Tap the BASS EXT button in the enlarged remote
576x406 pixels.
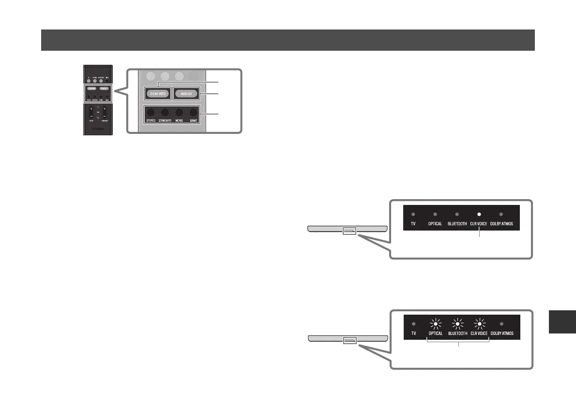tap(186, 93)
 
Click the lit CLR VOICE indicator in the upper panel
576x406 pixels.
tap(479, 214)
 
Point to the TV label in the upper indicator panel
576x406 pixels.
tap(413, 224)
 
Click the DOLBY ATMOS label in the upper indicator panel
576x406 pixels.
tap(500, 224)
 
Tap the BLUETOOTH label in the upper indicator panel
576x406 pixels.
tap(456, 224)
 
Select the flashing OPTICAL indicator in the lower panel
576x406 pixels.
tap(435, 324)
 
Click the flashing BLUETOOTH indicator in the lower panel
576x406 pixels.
tap(457, 324)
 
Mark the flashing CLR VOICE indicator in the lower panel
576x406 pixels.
tap(479, 324)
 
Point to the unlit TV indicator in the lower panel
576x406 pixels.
tap(413, 324)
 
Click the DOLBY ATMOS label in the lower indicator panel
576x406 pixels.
tap(500, 334)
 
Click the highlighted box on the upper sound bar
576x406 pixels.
tap(349, 231)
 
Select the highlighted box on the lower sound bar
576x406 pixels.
tap(349, 340)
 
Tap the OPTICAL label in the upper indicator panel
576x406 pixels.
tap(435, 224)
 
